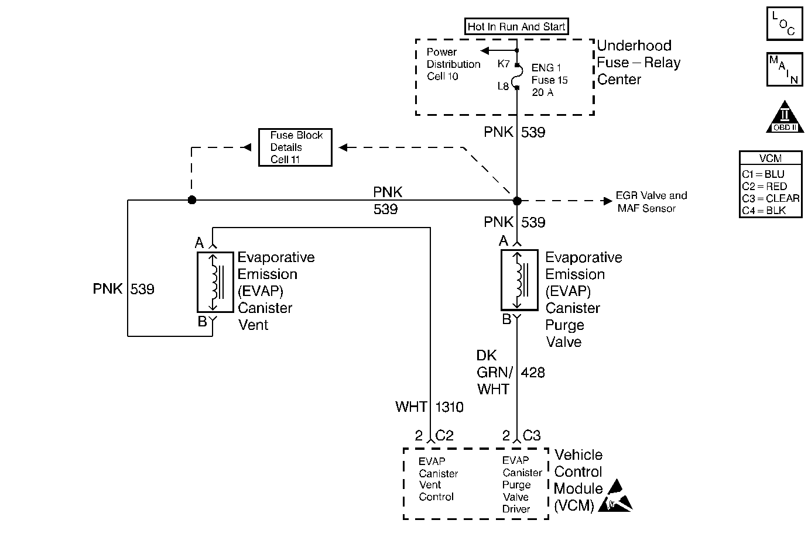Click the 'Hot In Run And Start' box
(516, 26)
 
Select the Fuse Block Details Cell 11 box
(295, 147)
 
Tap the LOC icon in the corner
(784, 23)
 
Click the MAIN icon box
(784, 69)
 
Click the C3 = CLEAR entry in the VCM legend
(770, 198)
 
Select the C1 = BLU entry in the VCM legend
(763, 174)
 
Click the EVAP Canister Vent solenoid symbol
(215, 282)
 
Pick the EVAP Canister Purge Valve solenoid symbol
(519, 280)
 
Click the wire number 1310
(450, 407)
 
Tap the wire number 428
(532, 373)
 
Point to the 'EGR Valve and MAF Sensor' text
(651, 202)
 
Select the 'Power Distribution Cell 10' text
(453, 64)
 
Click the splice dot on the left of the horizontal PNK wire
(191, 200)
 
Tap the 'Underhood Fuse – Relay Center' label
(638, 63)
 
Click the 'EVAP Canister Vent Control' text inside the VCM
(438, 479)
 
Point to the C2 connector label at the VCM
(444, 436)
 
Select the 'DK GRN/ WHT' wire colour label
(494, 373)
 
